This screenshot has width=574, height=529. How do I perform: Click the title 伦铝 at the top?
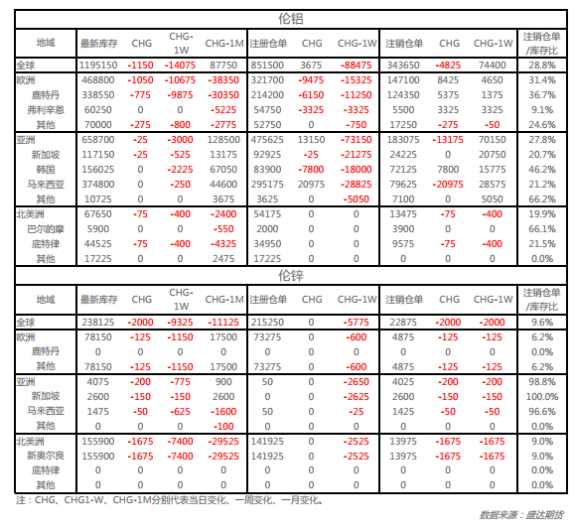coord(291,19)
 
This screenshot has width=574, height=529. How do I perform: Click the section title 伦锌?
coord(291,276)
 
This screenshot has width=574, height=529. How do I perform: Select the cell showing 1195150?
coord(98,66)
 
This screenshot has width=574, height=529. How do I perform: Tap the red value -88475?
coord(357,66)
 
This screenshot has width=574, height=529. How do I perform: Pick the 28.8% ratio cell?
coord(542,66)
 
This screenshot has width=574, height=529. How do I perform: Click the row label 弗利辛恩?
coord(46,110)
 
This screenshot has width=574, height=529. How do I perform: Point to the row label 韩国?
coord(46,170)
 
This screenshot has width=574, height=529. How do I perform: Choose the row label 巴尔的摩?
coord(46,229)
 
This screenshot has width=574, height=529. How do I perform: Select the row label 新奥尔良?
coord(46,456)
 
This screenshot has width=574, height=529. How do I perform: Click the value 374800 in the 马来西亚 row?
coord(98,185)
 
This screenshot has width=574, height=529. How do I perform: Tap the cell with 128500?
coord(223,140)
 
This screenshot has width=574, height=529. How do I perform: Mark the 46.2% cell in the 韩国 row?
coord(542,170)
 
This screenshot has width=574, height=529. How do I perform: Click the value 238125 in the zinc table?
coord(98,323)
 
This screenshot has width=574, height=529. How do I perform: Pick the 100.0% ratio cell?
coord(542,397)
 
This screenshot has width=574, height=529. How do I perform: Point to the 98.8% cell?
coord(542,381)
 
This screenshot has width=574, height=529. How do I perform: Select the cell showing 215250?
coord(267,323)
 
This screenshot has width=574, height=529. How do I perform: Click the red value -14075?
coord(180,66)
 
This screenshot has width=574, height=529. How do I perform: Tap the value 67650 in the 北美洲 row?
coord(98,214)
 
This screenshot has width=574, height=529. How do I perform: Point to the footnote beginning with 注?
coord(170,500)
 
